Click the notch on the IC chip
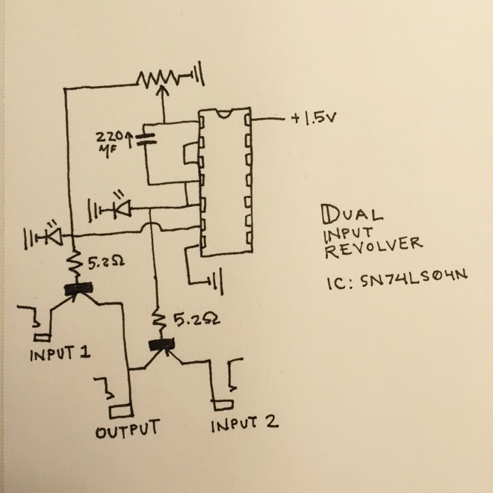[224, 114]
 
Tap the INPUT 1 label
[59, 353]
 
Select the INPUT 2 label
[244, 424]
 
